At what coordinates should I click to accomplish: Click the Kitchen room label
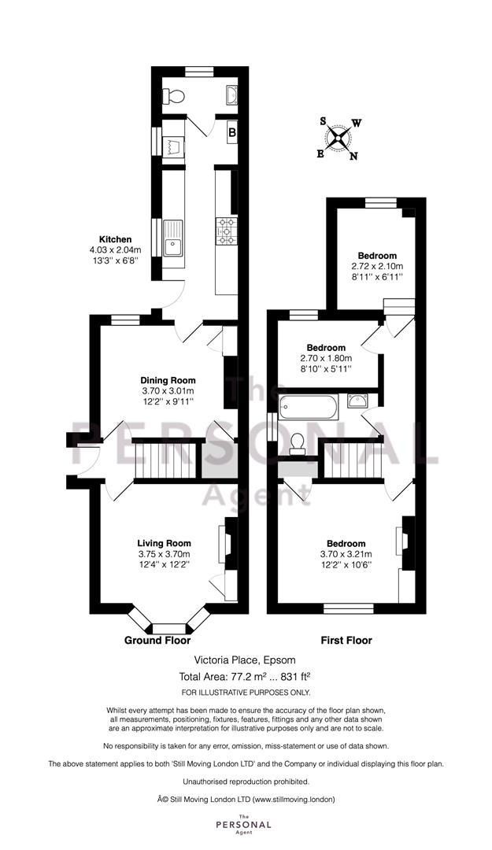115,239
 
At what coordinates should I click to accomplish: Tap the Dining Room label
168,381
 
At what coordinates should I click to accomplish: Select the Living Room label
164,543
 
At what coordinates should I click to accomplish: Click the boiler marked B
231,131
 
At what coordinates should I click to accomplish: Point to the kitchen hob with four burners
226,231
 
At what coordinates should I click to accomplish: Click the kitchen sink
174,238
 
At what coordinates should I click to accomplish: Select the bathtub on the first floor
308,407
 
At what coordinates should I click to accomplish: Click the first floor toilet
297,444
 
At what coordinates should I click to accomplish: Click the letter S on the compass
324,121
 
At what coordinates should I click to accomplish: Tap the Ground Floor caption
158,640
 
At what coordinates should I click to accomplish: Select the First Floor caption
346,640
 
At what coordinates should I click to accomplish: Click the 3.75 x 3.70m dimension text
164,554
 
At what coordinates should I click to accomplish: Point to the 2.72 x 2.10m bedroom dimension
377,266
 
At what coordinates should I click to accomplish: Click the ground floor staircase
165,459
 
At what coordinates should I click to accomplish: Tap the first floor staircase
353,459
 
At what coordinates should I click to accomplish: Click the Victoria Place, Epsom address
246,660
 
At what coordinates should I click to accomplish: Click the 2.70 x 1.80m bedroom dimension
326,358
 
